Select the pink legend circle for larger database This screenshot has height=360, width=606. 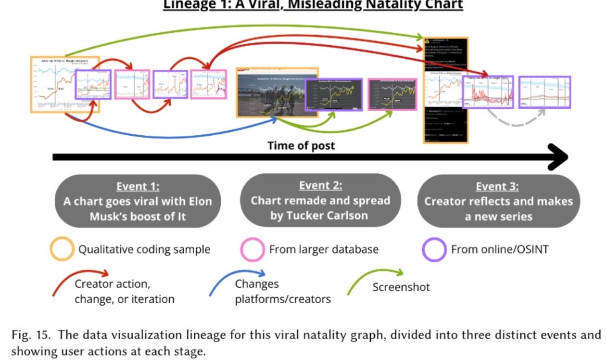(252, 250)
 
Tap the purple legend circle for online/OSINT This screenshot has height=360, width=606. (434, 250)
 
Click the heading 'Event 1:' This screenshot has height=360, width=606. (138, 187)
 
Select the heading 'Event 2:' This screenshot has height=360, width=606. (320, 186)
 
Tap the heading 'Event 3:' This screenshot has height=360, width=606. (498, 187)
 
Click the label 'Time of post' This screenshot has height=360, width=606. (301, 145)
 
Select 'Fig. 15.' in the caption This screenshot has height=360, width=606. (28, 335)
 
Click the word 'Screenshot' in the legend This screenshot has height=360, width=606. (401, 287)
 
